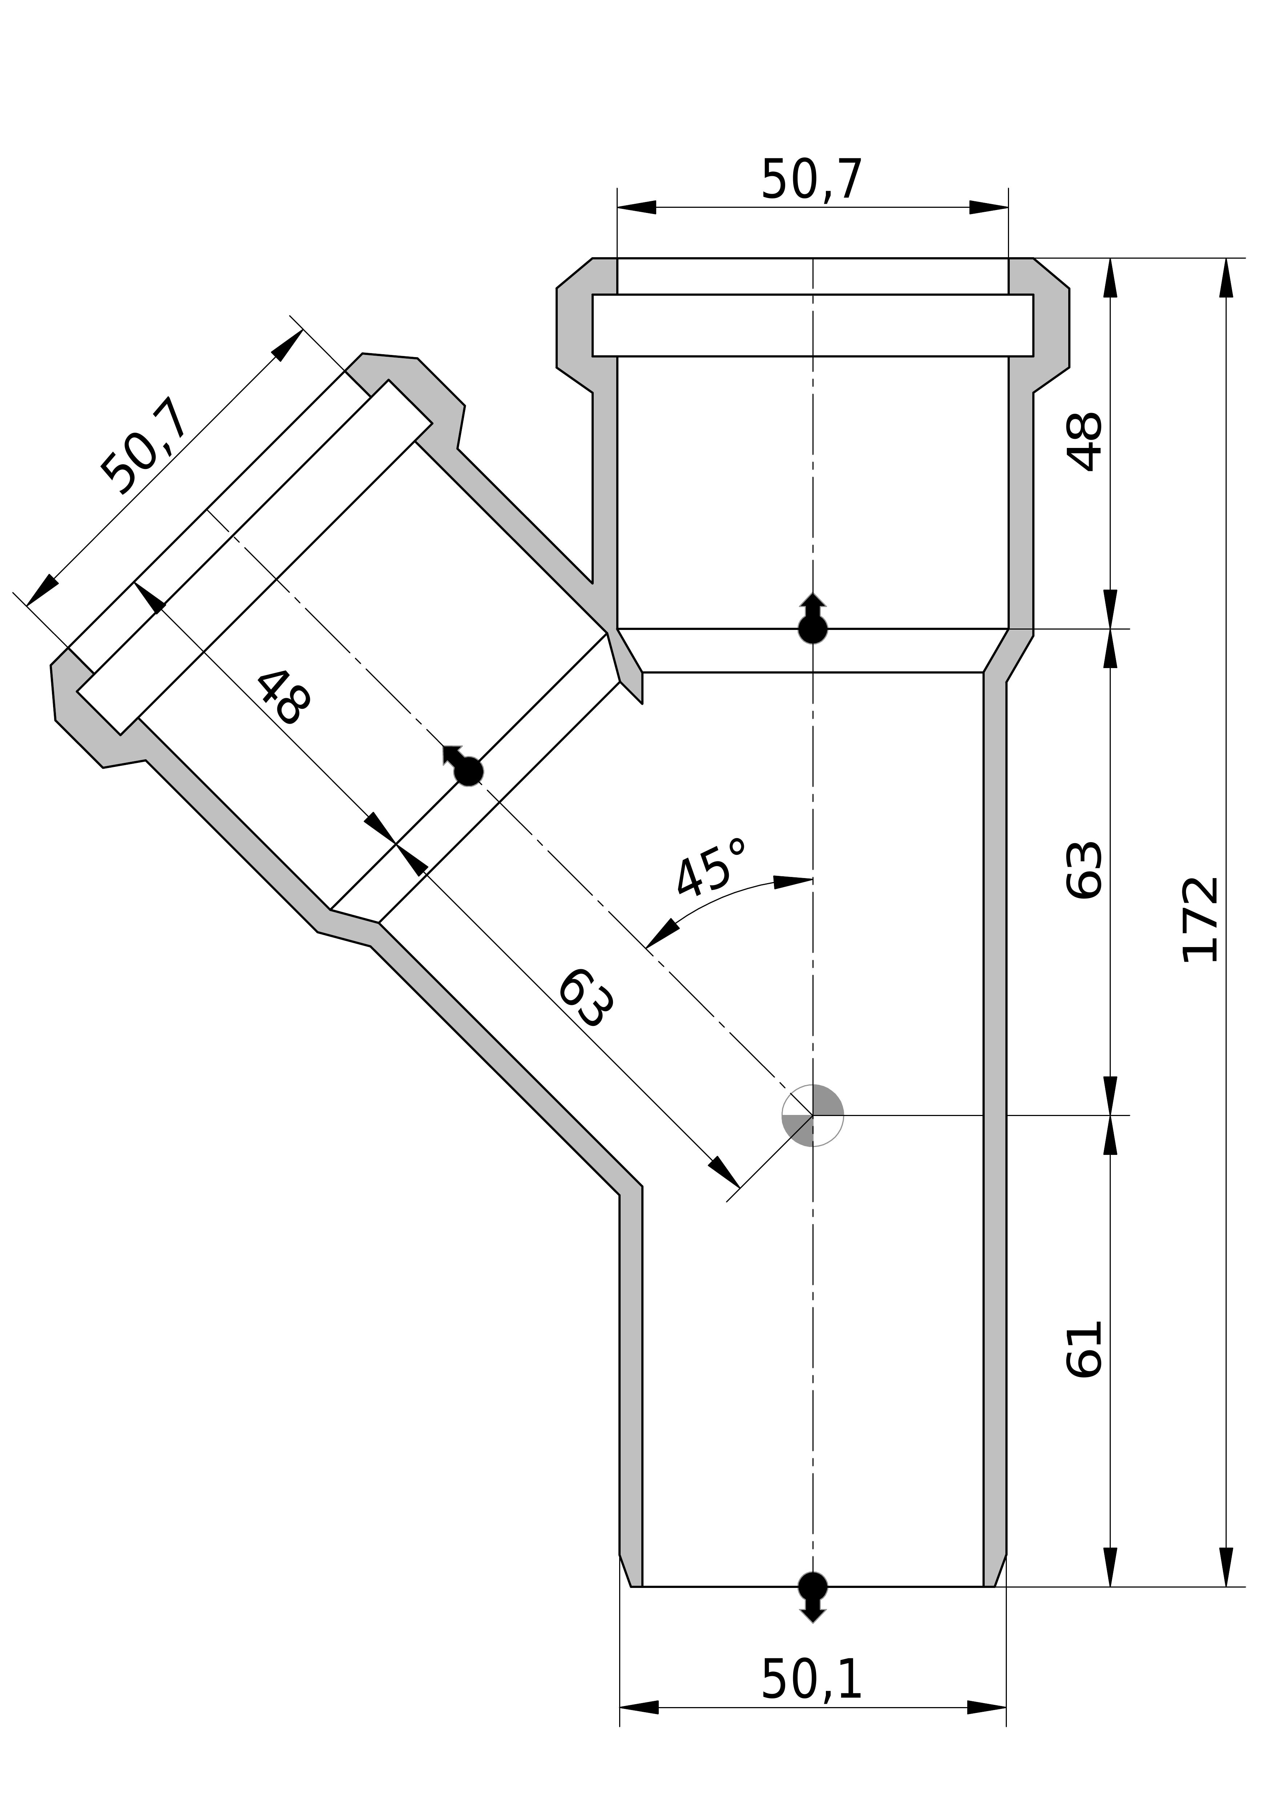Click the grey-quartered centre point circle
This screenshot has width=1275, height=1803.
coord(812,1115)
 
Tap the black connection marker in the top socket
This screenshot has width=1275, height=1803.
coord(812,627)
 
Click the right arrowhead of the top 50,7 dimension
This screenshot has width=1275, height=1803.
coord(988,207)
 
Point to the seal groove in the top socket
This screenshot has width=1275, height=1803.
coord(812,325)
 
